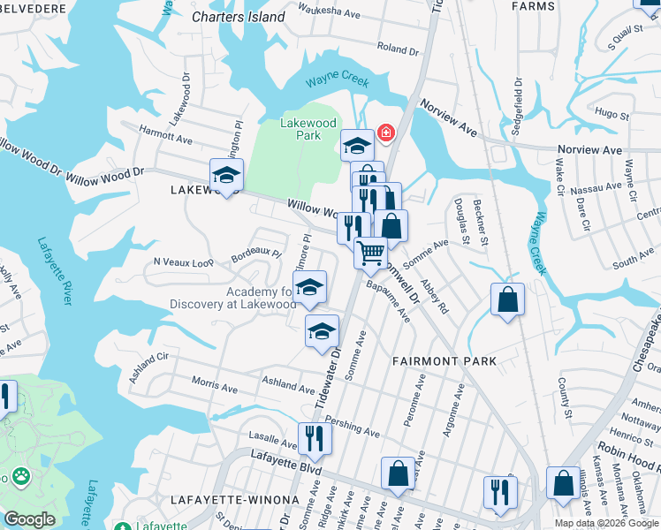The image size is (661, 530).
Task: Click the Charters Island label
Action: pos(239,17)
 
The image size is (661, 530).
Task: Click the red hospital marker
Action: pos(385,133)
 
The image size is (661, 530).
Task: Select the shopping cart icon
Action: pos(371,253)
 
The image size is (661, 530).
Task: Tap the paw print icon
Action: pos(19,478)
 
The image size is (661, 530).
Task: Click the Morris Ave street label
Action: pos(215,386)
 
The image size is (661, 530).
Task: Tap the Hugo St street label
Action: pos(611,114)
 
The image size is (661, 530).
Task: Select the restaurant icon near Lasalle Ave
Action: pos(315,437)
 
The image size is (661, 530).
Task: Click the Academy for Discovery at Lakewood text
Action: pos(232,298)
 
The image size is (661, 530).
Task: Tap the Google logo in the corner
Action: pos(29,519)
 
